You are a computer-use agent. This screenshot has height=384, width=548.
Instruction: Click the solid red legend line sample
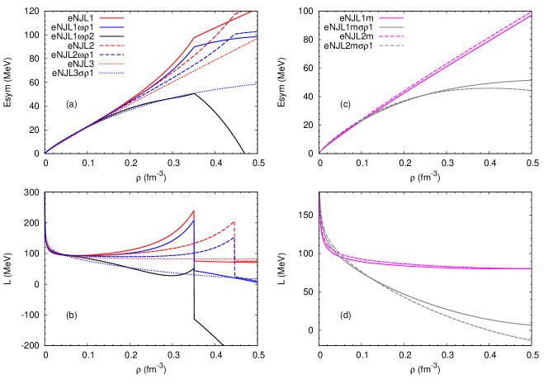coord(111,18)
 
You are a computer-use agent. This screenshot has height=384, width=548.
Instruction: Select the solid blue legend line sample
coord(111,27)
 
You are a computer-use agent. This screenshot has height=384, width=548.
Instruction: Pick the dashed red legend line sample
coord(111,45)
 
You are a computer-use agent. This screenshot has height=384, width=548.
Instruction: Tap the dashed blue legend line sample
coord(111,55)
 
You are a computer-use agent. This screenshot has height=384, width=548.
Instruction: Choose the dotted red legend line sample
coord(111,64)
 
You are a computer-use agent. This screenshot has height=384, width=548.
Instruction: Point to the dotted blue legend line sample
coord(111,73)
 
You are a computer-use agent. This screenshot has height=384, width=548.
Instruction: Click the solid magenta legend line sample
coord(391,18)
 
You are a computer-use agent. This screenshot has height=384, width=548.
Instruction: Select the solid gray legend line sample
coord(391,27)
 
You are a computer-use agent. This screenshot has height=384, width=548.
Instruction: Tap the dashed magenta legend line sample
coord(391,36)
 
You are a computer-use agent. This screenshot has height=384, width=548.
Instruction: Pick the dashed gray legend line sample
coord(391,45)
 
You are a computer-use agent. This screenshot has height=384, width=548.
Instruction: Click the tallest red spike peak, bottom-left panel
coord(194,211)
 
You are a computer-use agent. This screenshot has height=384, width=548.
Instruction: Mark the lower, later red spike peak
coord(234,221)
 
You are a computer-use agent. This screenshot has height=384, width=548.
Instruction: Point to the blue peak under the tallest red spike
coord(194,219)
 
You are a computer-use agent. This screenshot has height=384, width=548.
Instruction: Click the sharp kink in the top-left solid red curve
coord(195,37)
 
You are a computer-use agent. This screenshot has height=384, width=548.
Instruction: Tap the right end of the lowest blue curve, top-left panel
coord(257,84)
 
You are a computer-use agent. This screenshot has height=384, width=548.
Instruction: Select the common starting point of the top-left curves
coord(45,153)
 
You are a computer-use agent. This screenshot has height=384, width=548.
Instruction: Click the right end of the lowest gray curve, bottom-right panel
coord(531,340)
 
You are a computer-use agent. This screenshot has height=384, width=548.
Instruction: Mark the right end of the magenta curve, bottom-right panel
coord(531,268)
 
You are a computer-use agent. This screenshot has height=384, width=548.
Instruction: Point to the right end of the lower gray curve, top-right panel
coord(531,90)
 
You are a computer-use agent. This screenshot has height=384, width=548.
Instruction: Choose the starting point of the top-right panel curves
coord(319,153)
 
